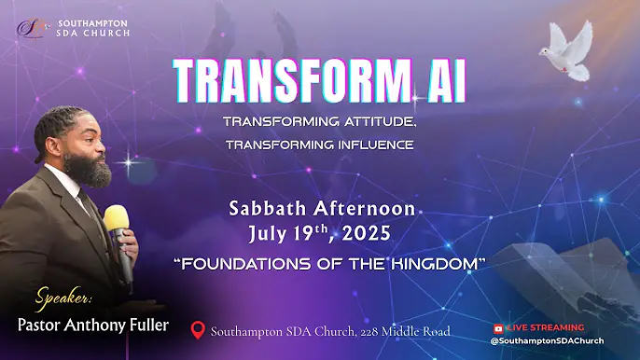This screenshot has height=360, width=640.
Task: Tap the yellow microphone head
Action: (x=117, y=220)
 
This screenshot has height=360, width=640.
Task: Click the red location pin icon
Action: (x=197, y=331)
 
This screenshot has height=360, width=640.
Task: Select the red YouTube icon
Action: (x=497, y=328)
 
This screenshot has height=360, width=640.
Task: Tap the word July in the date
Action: (x=271, y=230)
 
